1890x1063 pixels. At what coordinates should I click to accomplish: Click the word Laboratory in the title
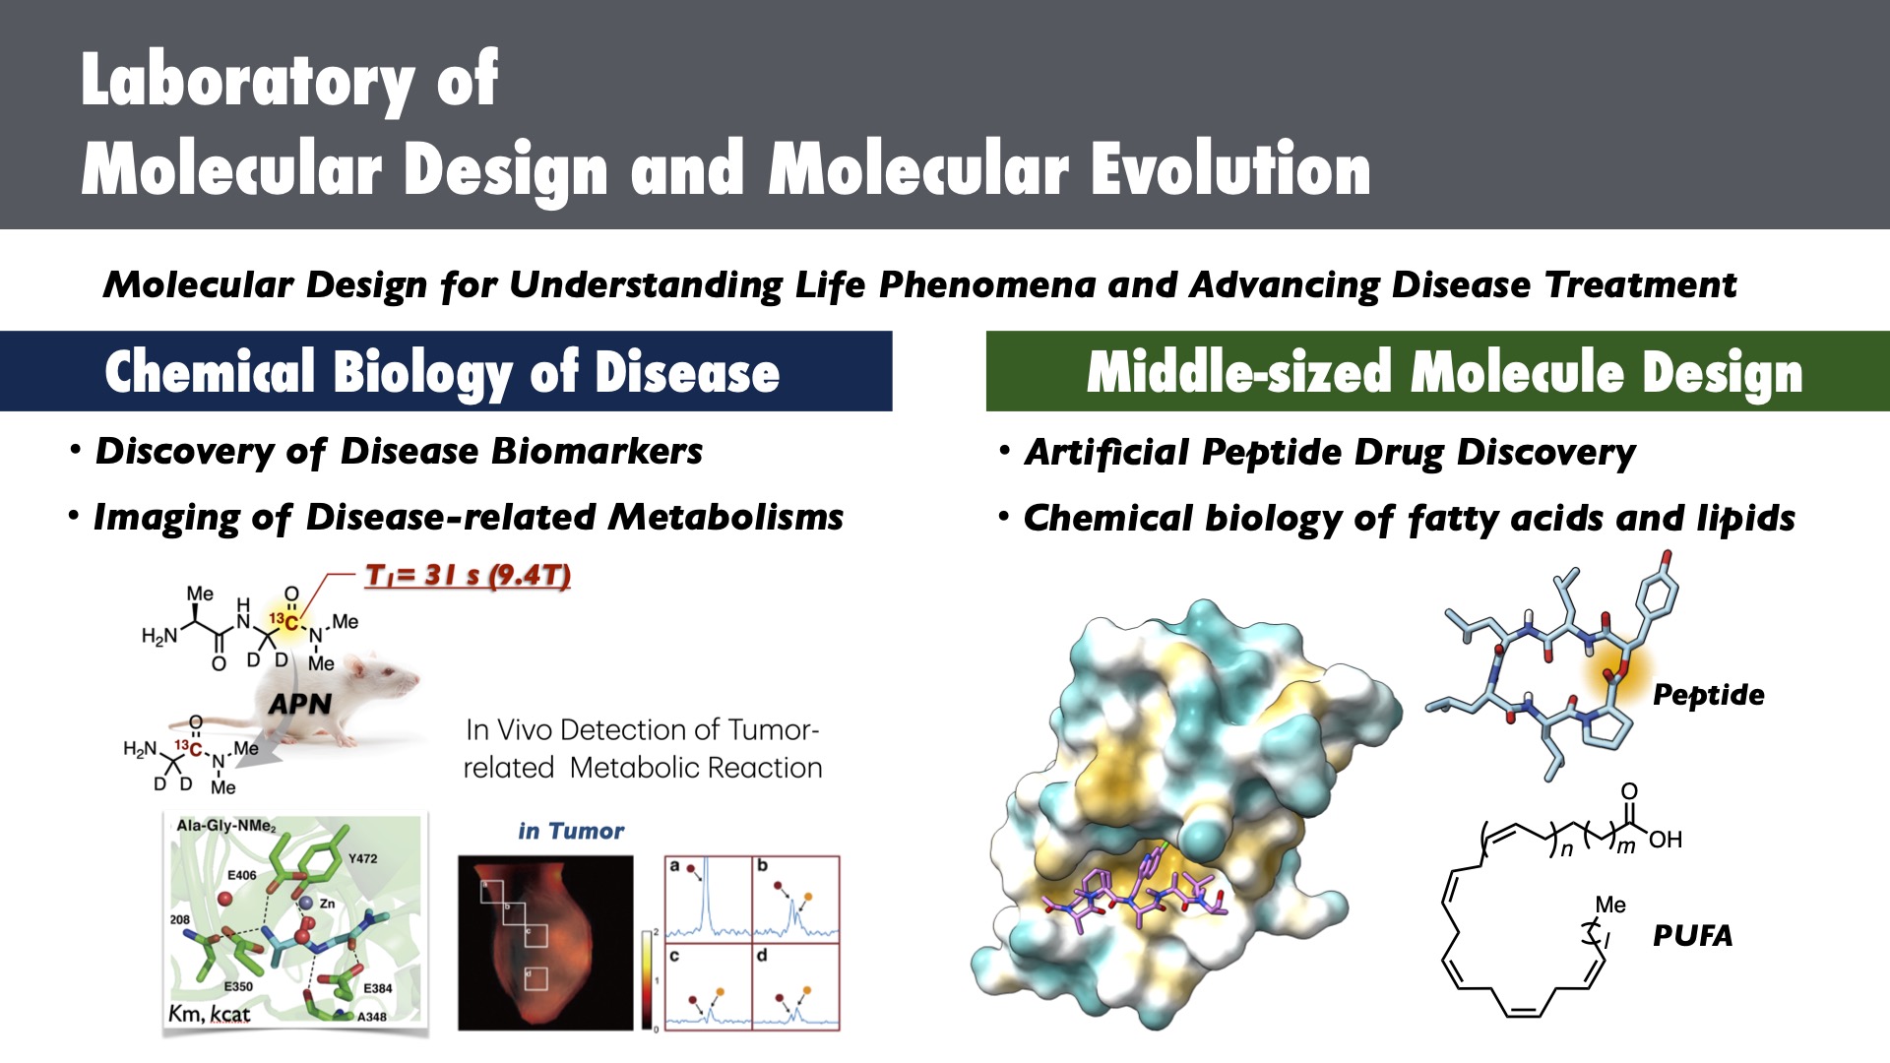point(248,81)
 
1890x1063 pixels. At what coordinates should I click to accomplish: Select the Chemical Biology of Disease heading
point(442,372)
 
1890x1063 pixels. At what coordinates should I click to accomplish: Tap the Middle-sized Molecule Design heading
point(1445,372)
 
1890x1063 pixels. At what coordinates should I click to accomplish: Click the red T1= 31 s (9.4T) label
point(468,575)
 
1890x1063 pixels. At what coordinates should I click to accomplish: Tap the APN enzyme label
point(300,704)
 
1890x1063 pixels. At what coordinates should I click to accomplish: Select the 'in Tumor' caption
point(571,832)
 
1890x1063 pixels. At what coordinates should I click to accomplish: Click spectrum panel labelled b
point(795,899)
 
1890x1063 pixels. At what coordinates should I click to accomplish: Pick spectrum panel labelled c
point(709,986)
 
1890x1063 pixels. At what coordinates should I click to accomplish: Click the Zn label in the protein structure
point(327,903)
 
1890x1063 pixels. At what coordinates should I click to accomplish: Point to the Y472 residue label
point(363,858)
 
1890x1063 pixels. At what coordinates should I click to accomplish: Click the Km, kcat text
point(210,1014)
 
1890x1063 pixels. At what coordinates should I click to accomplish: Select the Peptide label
point(1709,695)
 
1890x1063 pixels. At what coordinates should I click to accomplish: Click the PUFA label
point(1692,935)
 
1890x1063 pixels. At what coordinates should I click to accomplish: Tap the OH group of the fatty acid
point(1666,840)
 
